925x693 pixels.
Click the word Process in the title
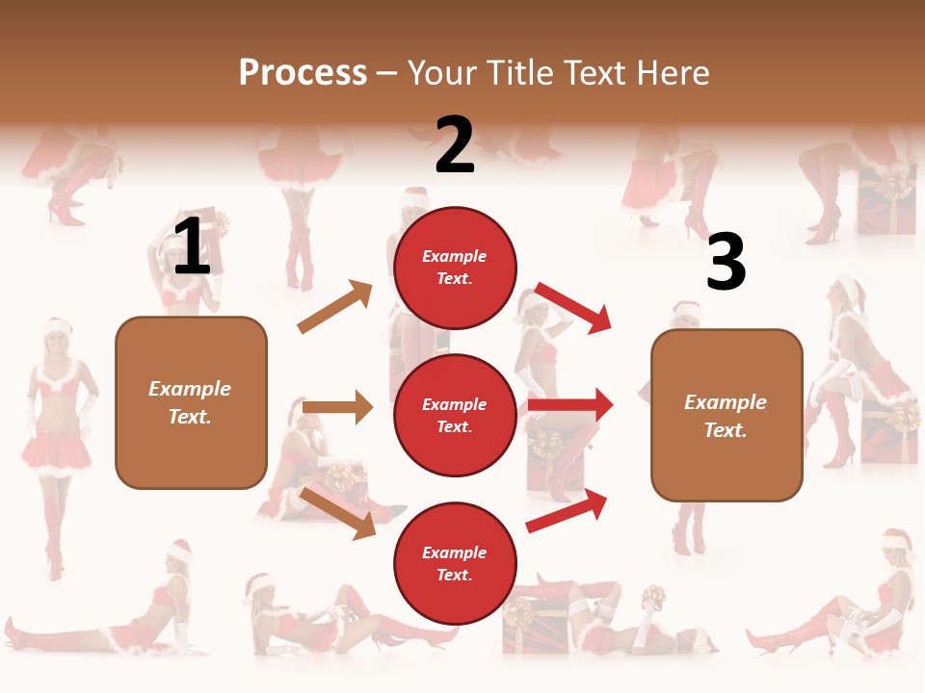[x=303, y=72]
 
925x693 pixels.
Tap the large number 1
[x=192, y=246]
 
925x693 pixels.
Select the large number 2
[x=455, y=144]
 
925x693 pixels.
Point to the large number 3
[x=726, y=262]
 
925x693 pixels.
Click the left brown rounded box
[x=191, y=402]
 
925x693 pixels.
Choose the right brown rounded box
[x=727, y=415]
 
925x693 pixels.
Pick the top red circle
[x=455, y=267]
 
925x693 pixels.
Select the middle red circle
[x=455, y=415]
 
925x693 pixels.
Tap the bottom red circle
[x=455, y=563]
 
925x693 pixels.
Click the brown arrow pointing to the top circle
[x=335, y=307]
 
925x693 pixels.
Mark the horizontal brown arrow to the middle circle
[x=337, y=407]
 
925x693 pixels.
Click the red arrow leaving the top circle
[x=573, y=307]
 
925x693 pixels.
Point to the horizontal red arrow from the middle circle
[x=570, y=405]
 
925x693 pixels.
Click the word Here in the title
[x=672, y=72]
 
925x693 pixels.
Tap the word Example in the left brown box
[x=190, y=389]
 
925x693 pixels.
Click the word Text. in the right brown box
[x=726, y=430]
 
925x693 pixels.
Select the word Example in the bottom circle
[x=455, y=552]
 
